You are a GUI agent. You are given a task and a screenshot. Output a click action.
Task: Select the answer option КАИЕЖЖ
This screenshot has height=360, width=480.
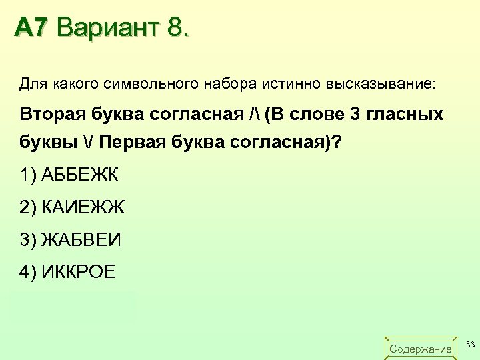coord(83,207)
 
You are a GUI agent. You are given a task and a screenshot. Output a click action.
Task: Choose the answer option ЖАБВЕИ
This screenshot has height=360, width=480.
coord(81,239)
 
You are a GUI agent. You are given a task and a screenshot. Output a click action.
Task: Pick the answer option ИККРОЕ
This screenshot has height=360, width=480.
coord(78,271)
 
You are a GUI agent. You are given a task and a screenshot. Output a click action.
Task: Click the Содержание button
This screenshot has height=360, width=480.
coord(420,348)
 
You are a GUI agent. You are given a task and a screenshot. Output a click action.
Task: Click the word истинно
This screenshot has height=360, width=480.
coord(291,85)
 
